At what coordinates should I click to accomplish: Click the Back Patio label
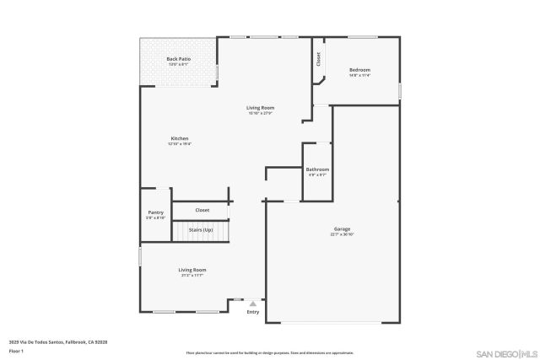[178, 59]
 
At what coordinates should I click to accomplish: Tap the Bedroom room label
[359, 70]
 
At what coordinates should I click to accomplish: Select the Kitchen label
[179, 138]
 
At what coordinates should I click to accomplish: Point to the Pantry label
[155, 212]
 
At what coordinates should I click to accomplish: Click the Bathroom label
[317, 169]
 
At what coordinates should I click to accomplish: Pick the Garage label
[341, 228]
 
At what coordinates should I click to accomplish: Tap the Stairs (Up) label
[201, 229]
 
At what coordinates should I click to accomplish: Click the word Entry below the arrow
[252, 313]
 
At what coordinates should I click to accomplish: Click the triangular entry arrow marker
[252, 304]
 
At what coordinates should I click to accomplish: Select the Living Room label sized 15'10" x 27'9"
[260, 108]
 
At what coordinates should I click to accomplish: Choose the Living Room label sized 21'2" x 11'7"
[192, 270]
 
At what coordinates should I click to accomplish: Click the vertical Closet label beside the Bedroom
[318, 59]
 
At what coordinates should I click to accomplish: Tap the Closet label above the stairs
[202, 210]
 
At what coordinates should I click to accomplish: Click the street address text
[58, 341]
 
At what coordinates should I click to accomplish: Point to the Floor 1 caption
[15, 351]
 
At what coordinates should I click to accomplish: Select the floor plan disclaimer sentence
[269, 352]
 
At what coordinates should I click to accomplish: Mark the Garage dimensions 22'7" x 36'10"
[341, 234]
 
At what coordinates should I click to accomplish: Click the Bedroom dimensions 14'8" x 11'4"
[359, 76]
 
